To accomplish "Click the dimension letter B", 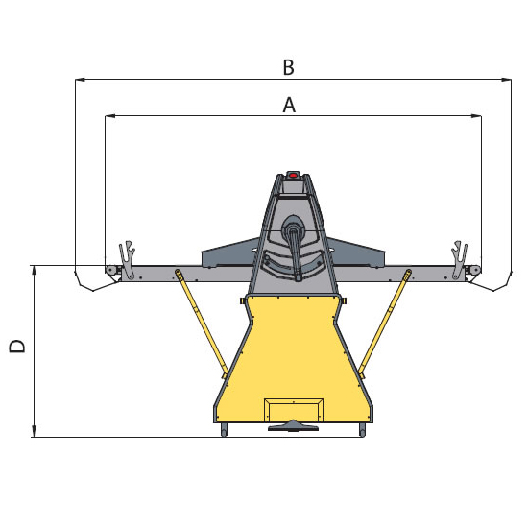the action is (x=289, y=67).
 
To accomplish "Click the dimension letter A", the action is (x=289, y=105).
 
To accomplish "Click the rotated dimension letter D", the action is (x=17, y=346).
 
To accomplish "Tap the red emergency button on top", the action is (x=293, y=175).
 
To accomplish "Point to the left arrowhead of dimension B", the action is (x=80, y=80).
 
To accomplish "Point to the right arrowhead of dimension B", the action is (x=506, y=80).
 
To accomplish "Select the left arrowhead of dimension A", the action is (x=110, y=116).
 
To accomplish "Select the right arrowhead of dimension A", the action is (x=476, y=116).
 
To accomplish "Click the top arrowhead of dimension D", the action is (x=34, y=271).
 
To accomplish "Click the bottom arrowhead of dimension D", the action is (x=34, y=432).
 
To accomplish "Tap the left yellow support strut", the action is (x=202, y=324).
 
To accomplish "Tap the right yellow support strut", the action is (x=385, y=324).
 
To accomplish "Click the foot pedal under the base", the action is (x=293, y=426).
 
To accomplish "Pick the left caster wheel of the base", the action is (x=224, y=430).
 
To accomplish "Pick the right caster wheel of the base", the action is (x=362, y=430).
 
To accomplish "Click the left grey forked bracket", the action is (x=127, y=259).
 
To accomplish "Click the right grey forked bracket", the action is (x=459, y=259).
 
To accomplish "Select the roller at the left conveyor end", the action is (x=109, y=270).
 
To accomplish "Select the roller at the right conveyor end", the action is (x=476, y=270).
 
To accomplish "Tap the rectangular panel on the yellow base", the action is (x=294, y=410).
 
